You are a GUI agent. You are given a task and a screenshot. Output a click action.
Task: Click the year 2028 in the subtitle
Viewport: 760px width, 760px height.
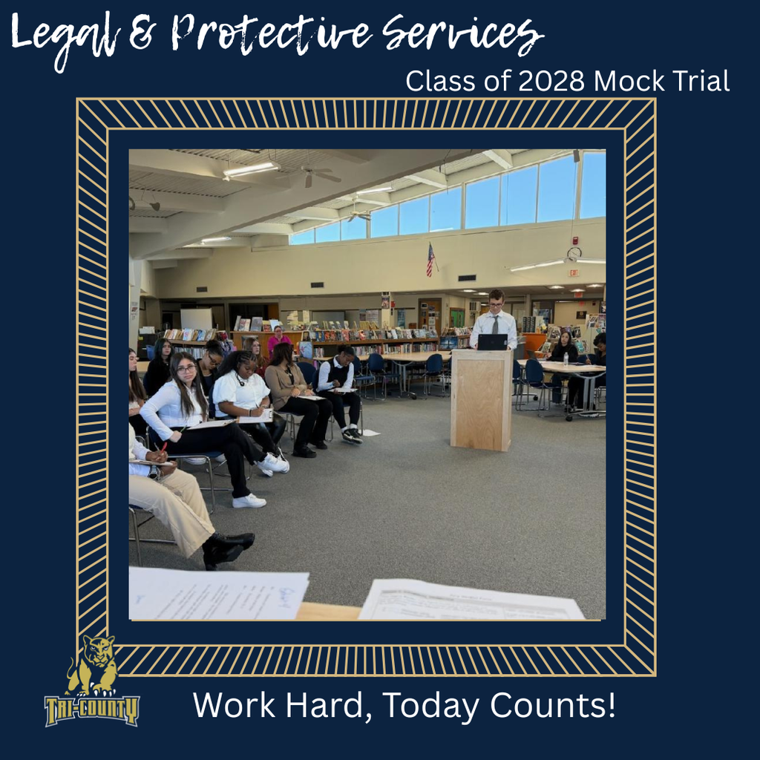(x=545, y=81)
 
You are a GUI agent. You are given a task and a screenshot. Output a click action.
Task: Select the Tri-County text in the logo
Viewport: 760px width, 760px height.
(x=91, y=709)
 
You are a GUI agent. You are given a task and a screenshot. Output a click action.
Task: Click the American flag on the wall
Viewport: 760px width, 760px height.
(x=430, y=259)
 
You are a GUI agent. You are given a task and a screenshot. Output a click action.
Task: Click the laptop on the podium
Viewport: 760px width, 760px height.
(x=492, y=341)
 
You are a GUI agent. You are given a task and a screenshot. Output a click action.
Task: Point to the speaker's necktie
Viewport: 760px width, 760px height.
(x=495, y=324)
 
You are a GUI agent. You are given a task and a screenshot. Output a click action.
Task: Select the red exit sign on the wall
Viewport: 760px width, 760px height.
(x=573, y=272)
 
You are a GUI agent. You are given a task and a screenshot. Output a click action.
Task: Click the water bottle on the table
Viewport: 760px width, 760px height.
(x=565, y=359)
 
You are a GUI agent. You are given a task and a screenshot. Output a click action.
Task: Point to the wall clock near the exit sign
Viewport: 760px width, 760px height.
(x=573, y=254)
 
